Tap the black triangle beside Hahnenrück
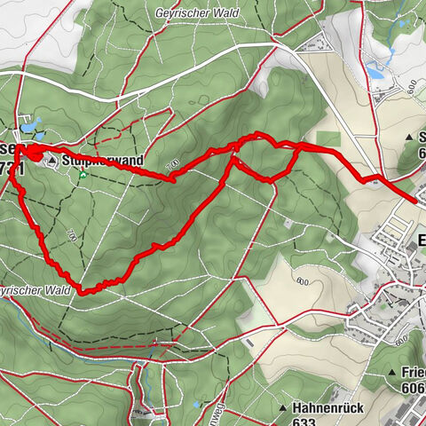(x=283, y=408)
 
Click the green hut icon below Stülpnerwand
(x=83, y=175)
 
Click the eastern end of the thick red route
(x=414, y=201)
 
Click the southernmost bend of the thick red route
(x=84, y=290)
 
